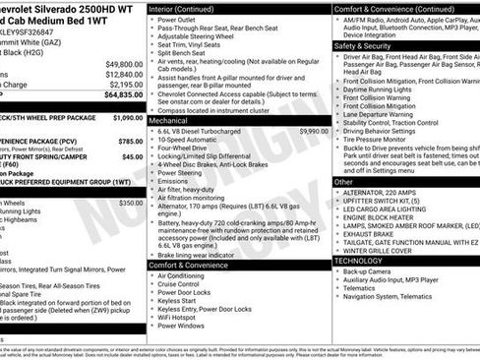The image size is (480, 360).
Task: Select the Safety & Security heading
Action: [362, 45]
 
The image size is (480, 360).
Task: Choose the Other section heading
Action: [343, 182]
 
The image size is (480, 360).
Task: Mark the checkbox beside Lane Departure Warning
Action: [337, 113]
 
